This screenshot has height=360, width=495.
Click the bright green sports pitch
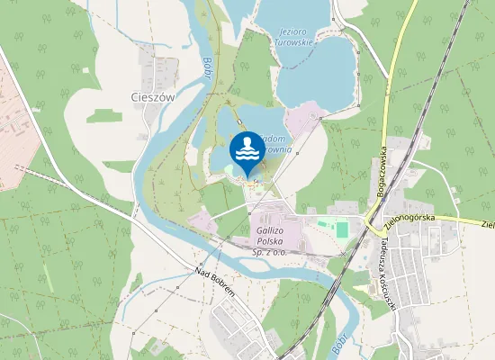[342, 229]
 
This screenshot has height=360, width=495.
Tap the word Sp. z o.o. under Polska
[270, 254]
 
